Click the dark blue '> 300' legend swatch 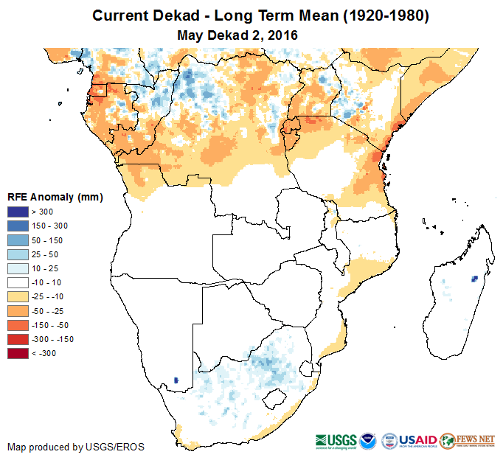click(x=17, y=212)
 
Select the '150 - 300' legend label click(x=49, y=226)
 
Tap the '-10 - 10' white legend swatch click(x=17, y=282)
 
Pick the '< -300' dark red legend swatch click(x=17, y=353)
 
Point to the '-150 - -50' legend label click(x=49, y=325)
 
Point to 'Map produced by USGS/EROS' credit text click(x=76, y=447)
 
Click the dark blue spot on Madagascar click(x=474, y=278)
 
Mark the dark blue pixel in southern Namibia click(x=176, y=380)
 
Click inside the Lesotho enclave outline click(x=274, y=399)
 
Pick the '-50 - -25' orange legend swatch click(x=17, y=311)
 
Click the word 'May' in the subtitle click(x=191, y=34)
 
